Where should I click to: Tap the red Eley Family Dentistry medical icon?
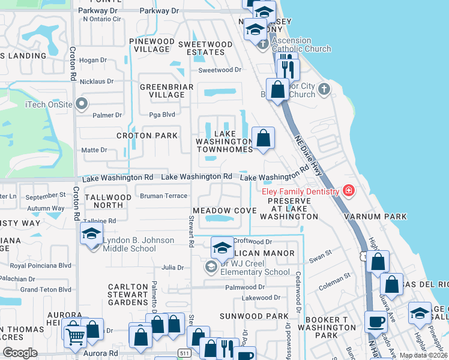coord(348,191)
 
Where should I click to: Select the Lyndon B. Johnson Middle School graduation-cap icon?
coord(91,233)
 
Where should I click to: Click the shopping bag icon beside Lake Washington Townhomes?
coord(264,139)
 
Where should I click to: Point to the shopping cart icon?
coord(75,337)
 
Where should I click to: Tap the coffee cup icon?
coord(376,321)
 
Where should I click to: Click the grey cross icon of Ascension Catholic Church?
coord(262,44)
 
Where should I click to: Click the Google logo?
coord(20,353)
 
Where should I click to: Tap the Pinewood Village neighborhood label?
coord(152,46)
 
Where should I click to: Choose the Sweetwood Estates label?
coord(205,48)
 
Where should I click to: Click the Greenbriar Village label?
coord(166,91)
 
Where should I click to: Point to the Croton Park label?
coord(147,136)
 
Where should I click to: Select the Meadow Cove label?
coord(224,211)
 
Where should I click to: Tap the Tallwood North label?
coord(108,201)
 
